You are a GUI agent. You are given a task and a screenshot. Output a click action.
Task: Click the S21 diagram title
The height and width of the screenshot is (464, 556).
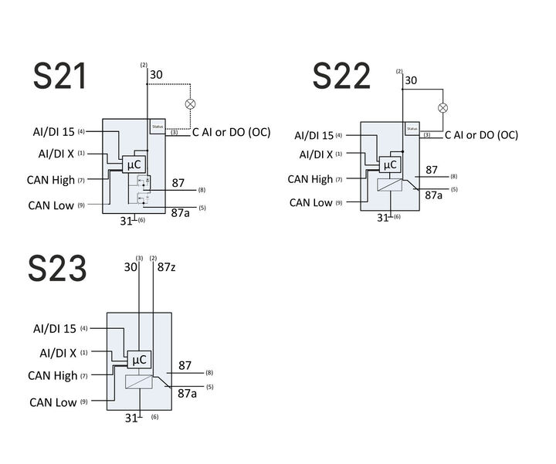[59, 78]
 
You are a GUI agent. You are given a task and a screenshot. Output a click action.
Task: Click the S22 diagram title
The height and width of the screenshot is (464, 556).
[341, 78]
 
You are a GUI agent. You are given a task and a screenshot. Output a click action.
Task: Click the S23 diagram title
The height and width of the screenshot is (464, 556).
[57, 270]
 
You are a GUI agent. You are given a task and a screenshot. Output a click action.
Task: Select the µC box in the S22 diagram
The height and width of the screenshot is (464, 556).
[389, 164]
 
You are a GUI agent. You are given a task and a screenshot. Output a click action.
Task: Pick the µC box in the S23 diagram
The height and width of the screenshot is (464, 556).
[139, 359]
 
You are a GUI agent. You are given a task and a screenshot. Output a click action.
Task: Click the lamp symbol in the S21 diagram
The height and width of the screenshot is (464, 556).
[189, 103]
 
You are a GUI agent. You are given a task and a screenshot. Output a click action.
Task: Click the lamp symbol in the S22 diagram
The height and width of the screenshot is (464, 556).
[443, 107]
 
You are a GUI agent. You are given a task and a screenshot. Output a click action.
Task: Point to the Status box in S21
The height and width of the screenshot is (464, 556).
[158, 127]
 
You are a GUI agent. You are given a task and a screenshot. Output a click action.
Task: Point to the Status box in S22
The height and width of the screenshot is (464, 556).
[412, 128]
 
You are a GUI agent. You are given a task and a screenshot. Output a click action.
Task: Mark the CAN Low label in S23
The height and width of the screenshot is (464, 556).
[53, 401]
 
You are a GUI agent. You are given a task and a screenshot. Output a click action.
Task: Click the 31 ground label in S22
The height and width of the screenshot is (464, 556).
[382, 218]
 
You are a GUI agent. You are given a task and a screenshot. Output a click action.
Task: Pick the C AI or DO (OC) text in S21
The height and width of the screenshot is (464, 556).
[230, 132]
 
